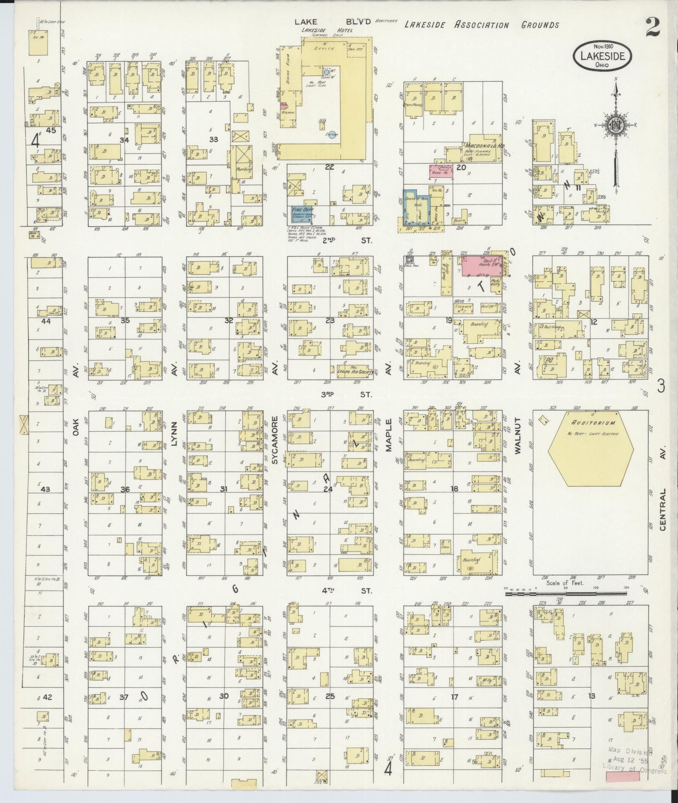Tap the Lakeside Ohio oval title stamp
click(x=602, y=56)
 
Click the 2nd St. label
click(x=340, y=240)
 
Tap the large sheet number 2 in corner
click(x=656, y=28)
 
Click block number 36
click(x=125, y=489)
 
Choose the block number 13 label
click(x=591, y=696)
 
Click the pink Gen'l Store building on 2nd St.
click(x=481, y=265)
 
